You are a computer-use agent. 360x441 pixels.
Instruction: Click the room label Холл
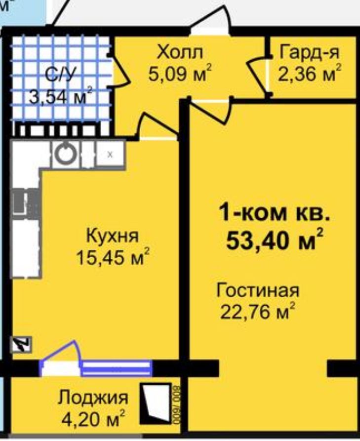click(x=180, y=52)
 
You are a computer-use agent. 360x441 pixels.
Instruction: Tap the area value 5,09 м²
click(x=180, y=74)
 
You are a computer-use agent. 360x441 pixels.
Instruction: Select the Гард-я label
click(x=309, y=53)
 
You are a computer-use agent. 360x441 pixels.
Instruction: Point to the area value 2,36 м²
click(x=310, y=74)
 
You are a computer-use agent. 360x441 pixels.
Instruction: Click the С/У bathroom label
click(x=61, y=75)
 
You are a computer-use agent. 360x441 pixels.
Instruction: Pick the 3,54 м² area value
click(x=61, y=96)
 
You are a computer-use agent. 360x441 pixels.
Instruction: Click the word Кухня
click(x=112, y=236)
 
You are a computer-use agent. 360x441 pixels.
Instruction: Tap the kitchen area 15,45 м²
click(x=112, y=257)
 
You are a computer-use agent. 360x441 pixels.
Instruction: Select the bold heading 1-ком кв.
click(x=274, y=213)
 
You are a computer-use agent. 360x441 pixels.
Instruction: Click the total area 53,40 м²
click(x=274, y=240)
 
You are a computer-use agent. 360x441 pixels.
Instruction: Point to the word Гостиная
click(x=258, y=290)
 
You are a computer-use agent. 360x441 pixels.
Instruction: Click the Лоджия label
click(x=93, y=398)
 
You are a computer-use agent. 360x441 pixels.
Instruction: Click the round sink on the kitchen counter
click(x=66, y=154)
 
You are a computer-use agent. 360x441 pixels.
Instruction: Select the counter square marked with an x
click(x=110, y=154)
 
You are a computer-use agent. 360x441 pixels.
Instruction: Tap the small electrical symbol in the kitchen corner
click(x=21, y=345)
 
